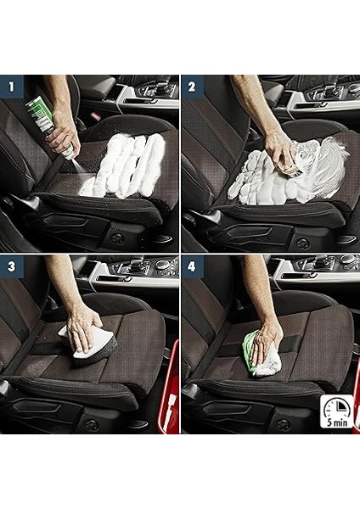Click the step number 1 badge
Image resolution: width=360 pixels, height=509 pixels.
(x=12, y=87)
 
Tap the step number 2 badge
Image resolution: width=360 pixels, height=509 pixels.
(x=193, y=87)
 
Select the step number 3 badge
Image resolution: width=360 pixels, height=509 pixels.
(x=12, y=266)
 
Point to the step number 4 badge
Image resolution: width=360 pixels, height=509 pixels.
(x=193, y=266)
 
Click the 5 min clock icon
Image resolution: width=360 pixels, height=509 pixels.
(x=337, y=411)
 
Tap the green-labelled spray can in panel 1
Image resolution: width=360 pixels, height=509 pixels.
(x=50, y=127)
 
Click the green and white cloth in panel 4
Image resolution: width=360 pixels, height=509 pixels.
(x=262, y=355)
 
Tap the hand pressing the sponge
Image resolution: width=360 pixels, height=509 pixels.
(x=82, y=331)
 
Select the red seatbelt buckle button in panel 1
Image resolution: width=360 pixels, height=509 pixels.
(x=95, y=116)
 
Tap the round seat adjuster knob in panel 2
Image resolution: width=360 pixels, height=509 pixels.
(x=303, y=243)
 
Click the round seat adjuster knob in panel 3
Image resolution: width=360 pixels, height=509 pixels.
(x=91, y=425)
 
